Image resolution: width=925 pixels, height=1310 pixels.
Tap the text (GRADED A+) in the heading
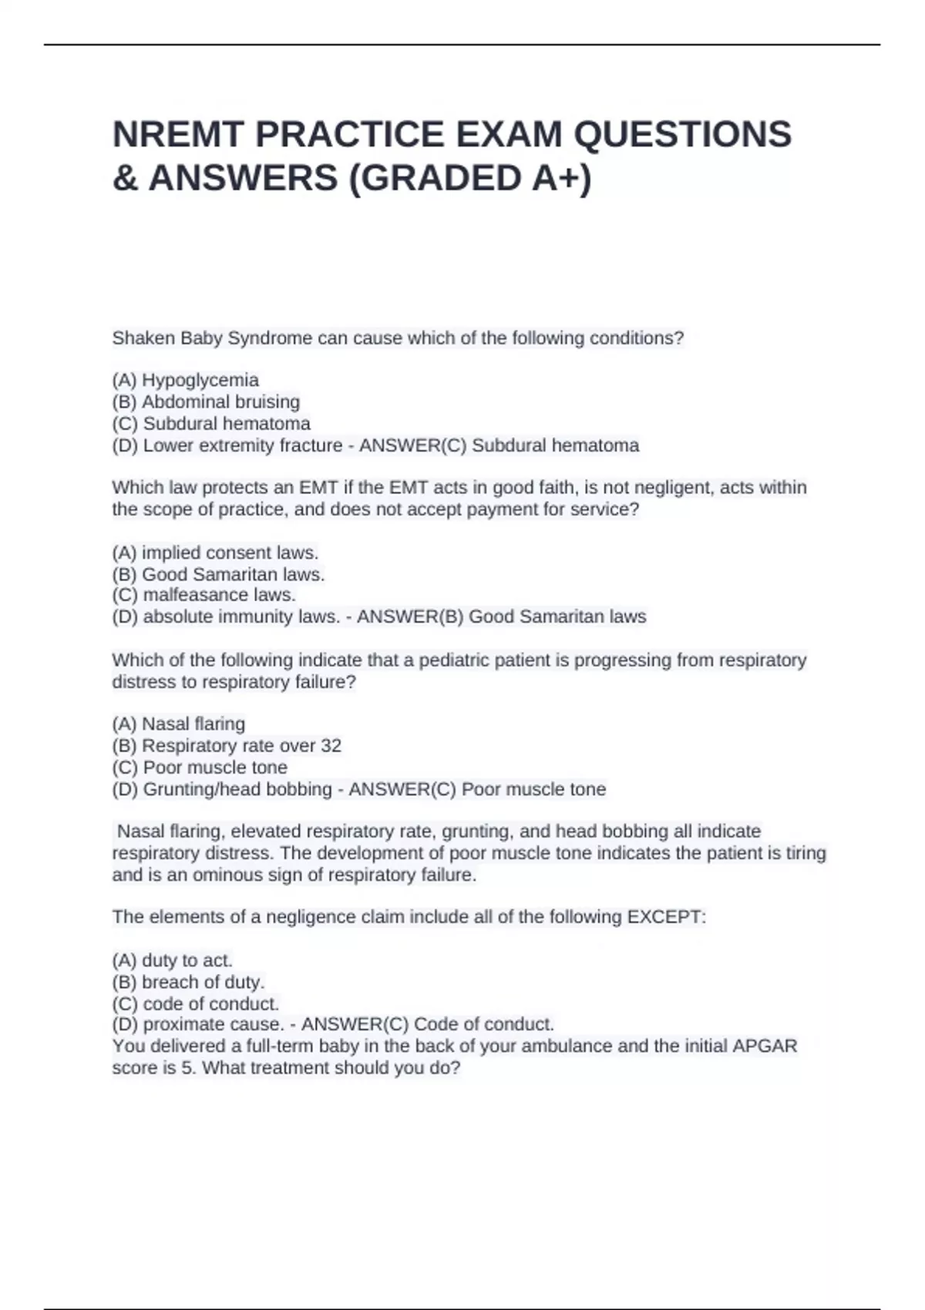470,178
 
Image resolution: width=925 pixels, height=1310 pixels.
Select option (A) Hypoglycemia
186,380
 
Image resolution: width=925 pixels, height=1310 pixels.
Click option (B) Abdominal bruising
206,401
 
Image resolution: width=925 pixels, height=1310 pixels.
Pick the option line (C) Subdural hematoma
211,423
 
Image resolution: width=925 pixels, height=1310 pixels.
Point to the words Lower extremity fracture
242,445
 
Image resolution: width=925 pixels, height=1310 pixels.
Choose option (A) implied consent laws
215,553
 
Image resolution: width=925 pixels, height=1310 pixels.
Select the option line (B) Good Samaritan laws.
218,574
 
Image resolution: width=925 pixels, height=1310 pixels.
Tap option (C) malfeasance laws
204,595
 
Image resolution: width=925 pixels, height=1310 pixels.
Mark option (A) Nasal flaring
179,724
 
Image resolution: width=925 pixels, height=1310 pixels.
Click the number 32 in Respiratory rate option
331,745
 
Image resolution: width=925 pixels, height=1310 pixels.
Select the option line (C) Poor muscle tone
200,768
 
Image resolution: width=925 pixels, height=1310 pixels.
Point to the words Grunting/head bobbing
237,789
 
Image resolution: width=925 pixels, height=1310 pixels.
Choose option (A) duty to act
172,960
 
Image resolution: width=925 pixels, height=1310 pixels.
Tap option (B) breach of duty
188,982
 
